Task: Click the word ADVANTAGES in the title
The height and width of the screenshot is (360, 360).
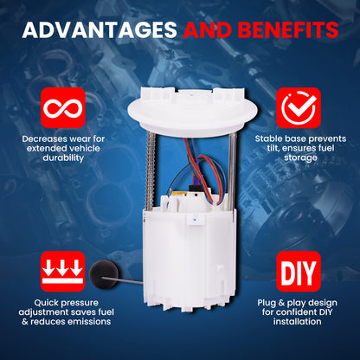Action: (x=100, y=29)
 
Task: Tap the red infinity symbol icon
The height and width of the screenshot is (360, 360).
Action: (x=63, y=108)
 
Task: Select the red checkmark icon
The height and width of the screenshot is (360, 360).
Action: (x=299, y=108)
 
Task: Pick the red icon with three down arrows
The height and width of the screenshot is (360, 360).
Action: (x=63, y=272)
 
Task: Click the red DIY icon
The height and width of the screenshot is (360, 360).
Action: (x=299, y=272)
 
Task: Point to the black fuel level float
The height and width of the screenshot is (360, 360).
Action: (x=104, y=273)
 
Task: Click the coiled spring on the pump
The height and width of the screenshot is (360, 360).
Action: (x=150, y=171)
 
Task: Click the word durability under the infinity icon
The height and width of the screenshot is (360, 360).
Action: (x=63, y=157)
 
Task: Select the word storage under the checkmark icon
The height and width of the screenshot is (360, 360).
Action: (x=300, y=157)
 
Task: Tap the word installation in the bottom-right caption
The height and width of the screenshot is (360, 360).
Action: (x=298, y=322)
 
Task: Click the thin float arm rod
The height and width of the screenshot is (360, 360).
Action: (x=124, y=280)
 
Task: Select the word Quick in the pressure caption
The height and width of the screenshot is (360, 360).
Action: (x=46, y=303)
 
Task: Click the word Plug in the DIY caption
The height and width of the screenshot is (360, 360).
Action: (x=267, y=303)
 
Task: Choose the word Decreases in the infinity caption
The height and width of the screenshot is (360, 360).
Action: (x=44, y=139)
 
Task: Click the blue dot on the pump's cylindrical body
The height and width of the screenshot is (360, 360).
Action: (x=196, y=220)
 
